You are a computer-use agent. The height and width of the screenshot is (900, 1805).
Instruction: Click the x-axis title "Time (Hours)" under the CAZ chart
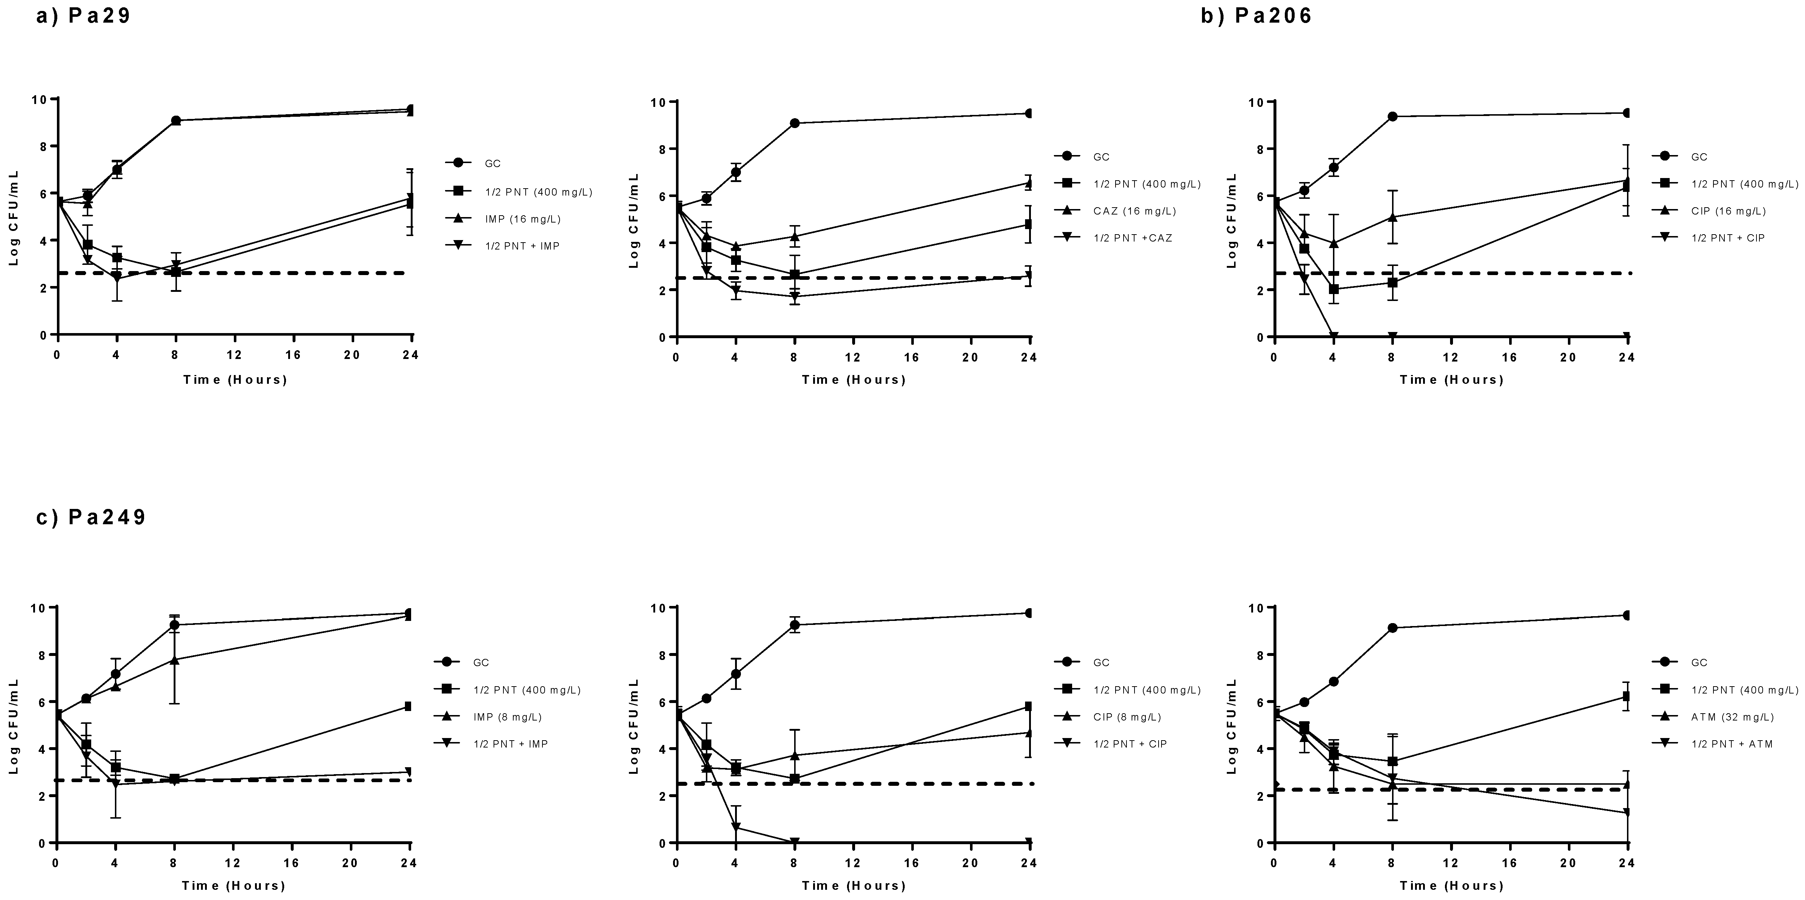[x=854, y=380]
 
